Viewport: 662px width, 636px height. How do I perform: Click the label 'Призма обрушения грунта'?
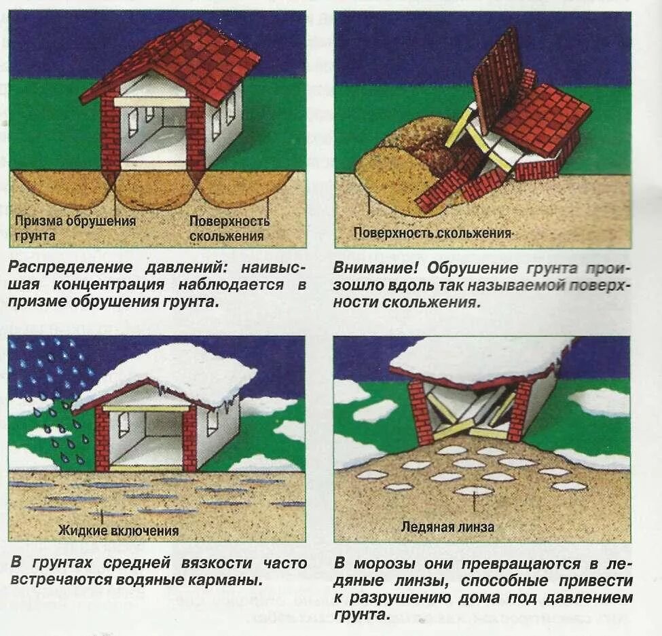click(75, 229)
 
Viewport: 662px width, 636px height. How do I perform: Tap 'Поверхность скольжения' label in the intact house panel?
click(229, 229)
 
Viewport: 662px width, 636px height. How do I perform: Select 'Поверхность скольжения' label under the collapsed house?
click(433, 233)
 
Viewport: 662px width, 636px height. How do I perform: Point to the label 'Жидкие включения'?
click(118, 530)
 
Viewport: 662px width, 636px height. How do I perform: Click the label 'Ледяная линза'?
click(447, 526)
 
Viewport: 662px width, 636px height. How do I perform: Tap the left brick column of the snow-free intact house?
click(110, 136)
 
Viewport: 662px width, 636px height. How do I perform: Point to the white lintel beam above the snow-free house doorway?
click(151, 102)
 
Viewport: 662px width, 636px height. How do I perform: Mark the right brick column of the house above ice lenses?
click(520, 411)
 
